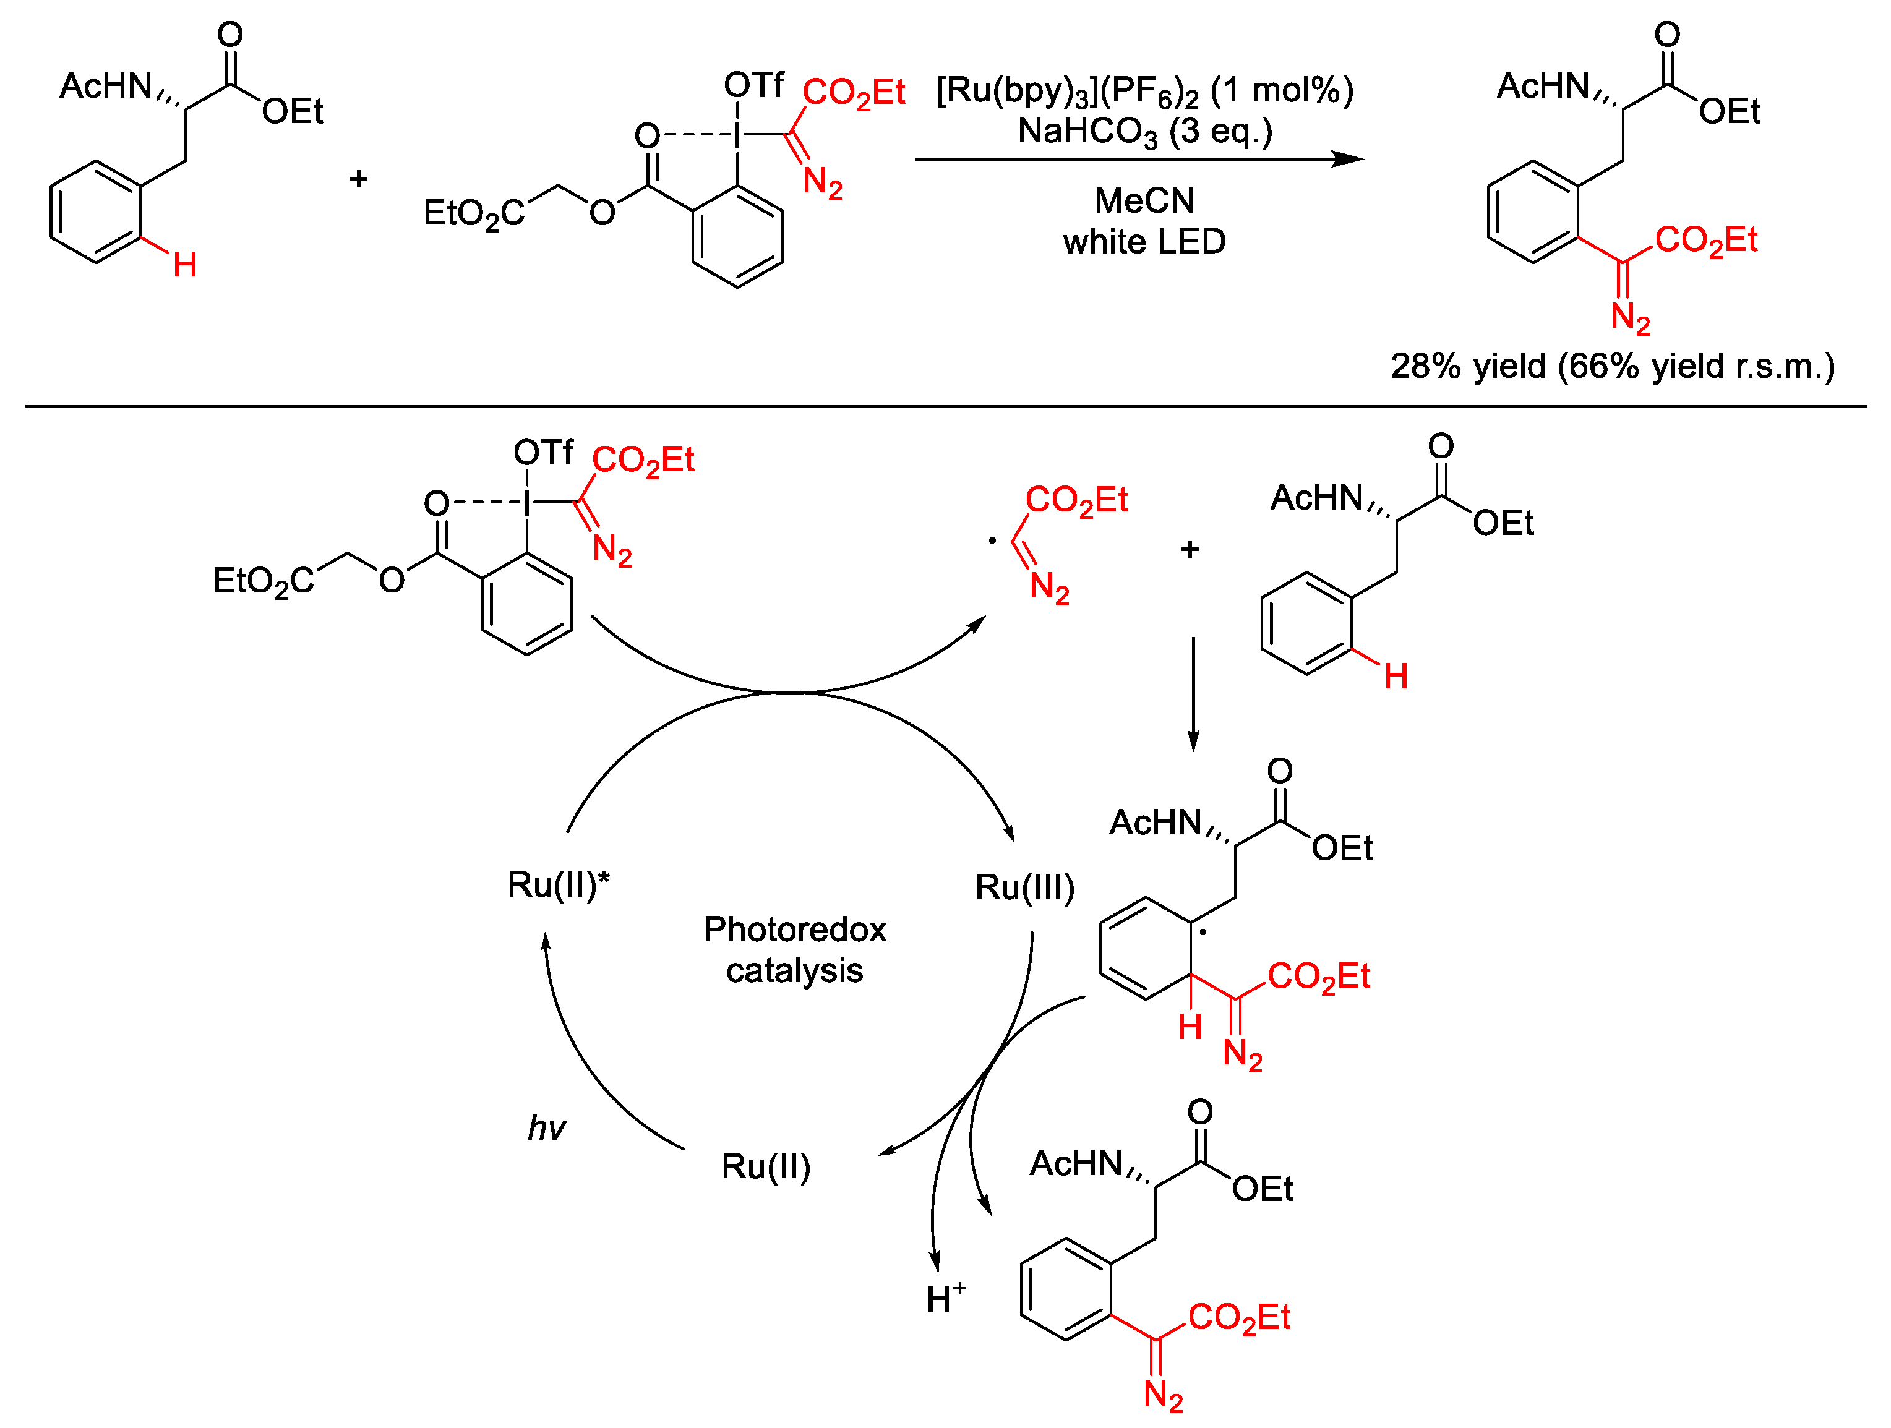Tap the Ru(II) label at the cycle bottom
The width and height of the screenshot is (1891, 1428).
pyautogui.click(x=765, y=1166)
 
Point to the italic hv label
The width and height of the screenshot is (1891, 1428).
pyautogui.click(x=546, y=1129)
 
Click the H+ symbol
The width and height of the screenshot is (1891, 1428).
pyautogui.click(x=945, y=1298)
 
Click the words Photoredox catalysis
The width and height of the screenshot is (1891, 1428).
pyautogui.click(x=794, y=949)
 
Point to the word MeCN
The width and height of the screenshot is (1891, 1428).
pyautogui.click(x=1144, y=201)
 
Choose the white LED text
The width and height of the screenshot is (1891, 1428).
pyautogui.click(x=1144, y=242)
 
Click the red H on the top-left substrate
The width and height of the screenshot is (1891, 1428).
pyautogui.click(x=185, y=265)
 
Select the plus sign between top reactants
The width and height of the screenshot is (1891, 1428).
pyautogui.click(x=358, y=179)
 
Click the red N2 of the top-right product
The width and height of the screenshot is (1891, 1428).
pyautogui.click(x=1629, y=318)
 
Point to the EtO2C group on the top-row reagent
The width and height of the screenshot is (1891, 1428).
pyautogui.click(x=473, y=213)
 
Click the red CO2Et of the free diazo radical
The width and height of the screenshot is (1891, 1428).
pyautogui.click(x=1076, y=500)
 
